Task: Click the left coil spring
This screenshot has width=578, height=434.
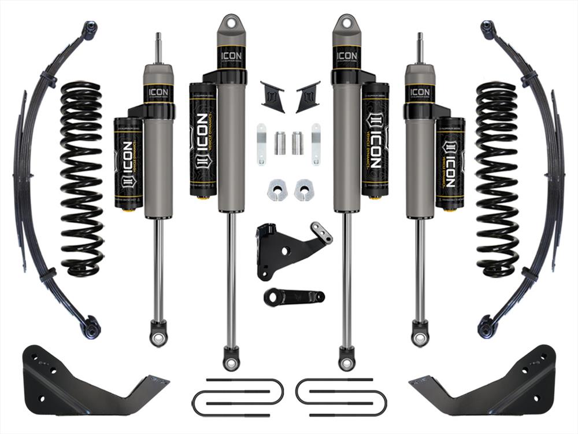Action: [81, 179]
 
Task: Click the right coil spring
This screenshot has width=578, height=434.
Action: [496, 179]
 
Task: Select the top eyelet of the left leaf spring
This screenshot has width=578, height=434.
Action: [90, 29]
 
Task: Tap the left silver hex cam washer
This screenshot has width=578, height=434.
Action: [276, 190]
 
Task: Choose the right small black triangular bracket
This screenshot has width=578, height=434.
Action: [307, 96]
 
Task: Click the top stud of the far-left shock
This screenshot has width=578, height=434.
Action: [158, 46]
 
